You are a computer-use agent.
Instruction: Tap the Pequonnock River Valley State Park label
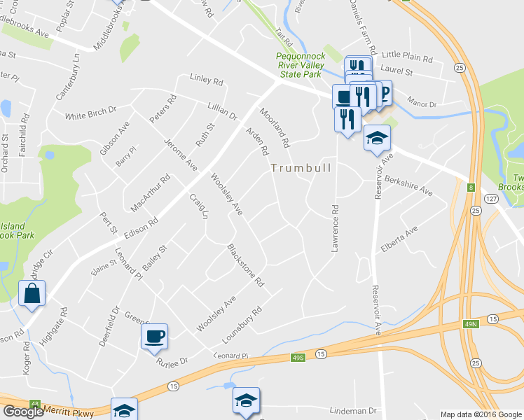point(298,64)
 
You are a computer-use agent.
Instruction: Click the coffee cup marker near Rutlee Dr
point(154,337)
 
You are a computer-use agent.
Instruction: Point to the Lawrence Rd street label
point(336,228)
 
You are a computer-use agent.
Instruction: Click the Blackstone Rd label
point(245,265)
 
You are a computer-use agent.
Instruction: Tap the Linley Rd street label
point(206,80)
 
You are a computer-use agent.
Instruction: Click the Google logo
point(23,412)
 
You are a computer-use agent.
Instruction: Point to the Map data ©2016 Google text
point(481,414)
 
